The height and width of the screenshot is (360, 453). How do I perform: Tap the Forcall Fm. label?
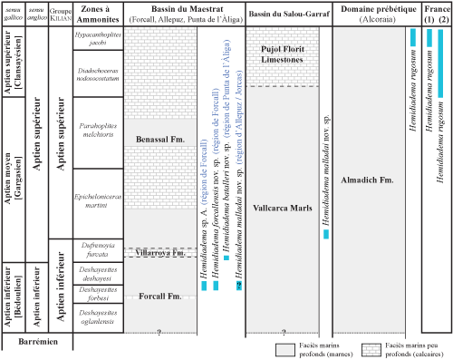pyautogui.click(x=159, y=296)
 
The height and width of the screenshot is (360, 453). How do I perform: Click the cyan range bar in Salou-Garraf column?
pyautogui.click(x=326, y=234)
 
